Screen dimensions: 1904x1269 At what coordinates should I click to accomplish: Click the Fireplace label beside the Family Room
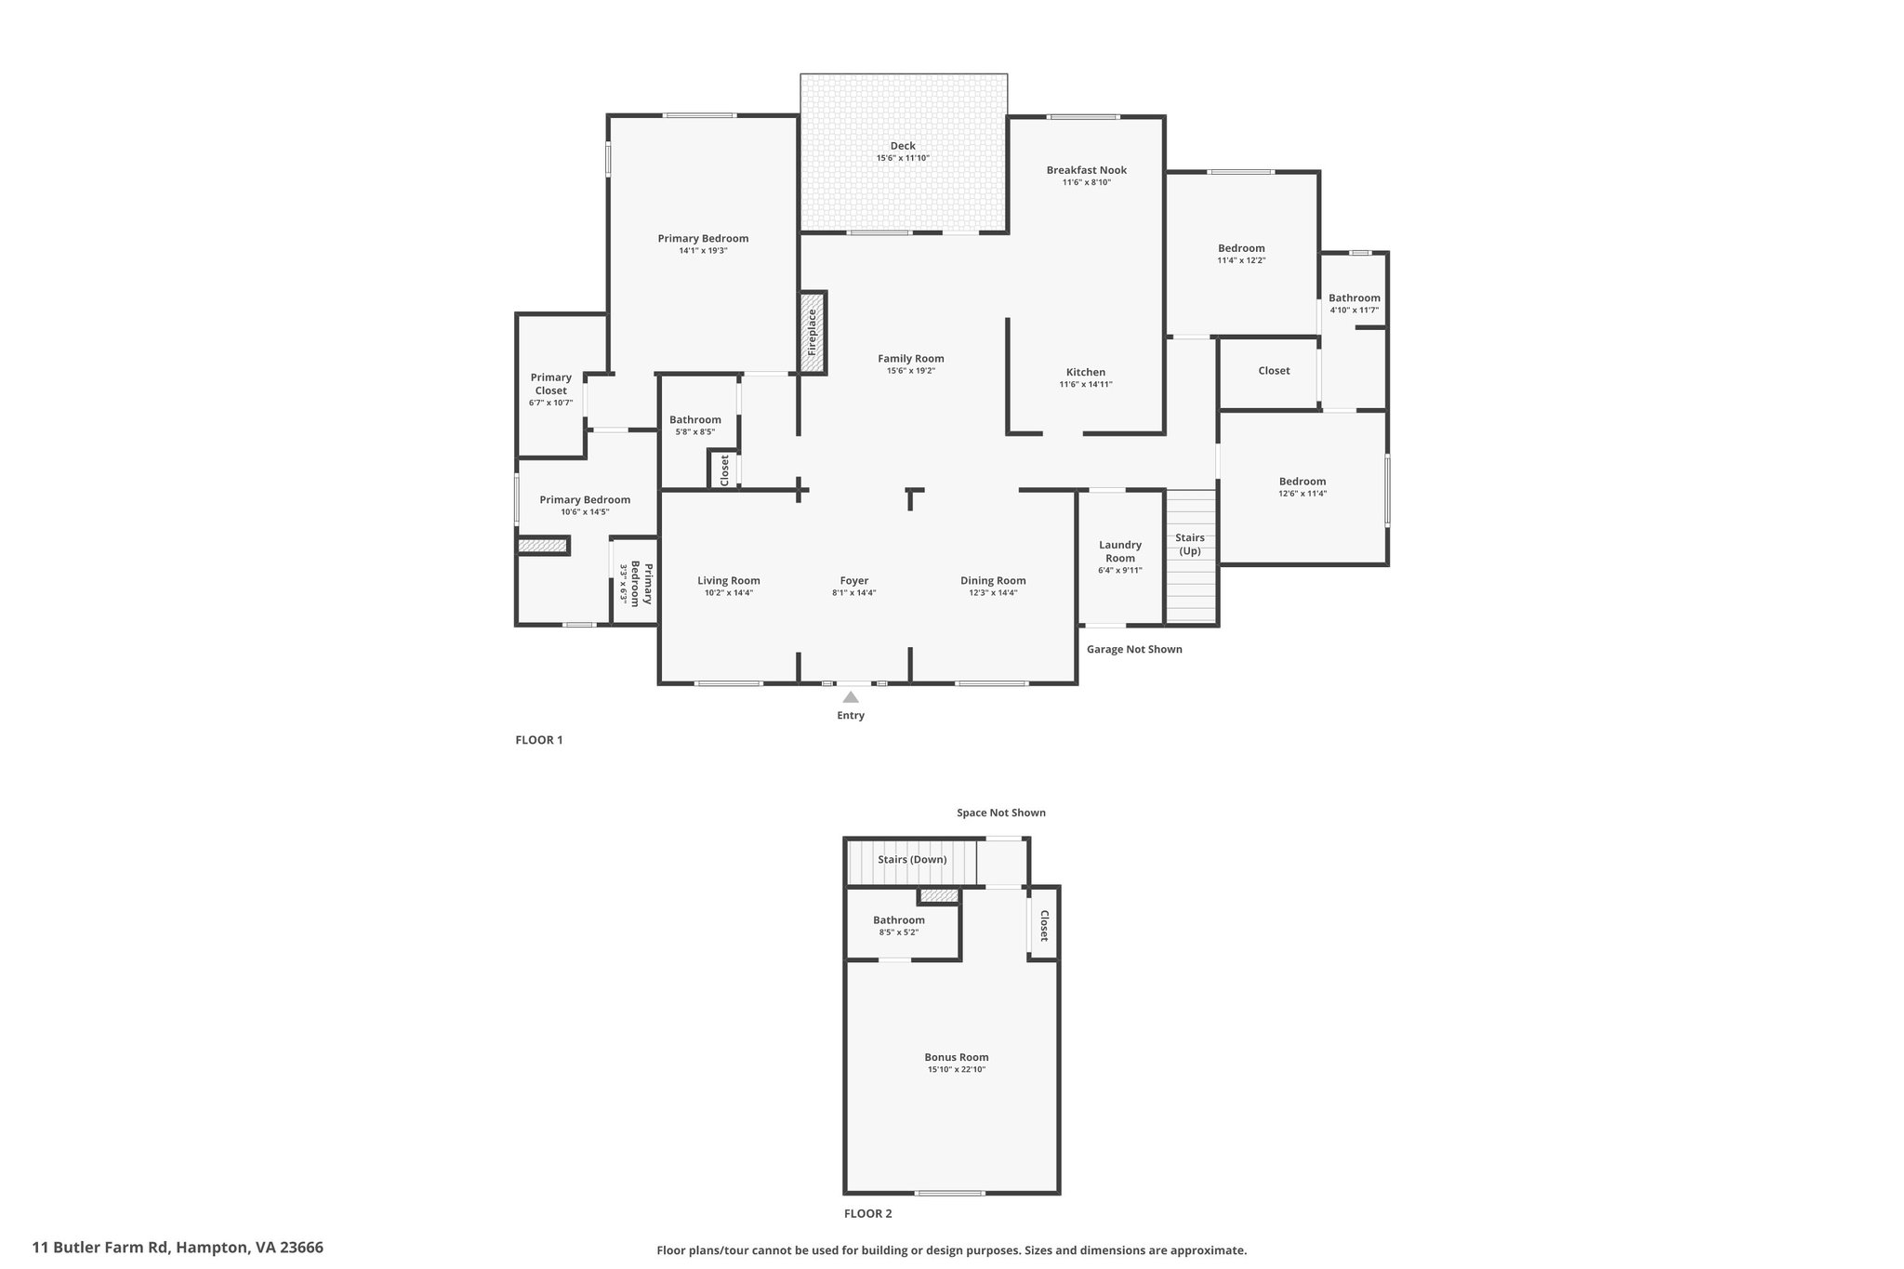pyautogui.click(x=812, y=332)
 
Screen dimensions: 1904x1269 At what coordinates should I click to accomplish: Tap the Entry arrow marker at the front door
pyautogui.click(x=851, y=696)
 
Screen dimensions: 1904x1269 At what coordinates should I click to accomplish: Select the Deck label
pyautogui.click(x=903, y=146)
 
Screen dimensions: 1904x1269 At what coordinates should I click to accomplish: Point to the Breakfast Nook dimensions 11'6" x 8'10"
pyautogui.click(x=1087, y=182)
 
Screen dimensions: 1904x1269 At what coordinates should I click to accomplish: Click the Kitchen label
pyautogui.click(x=1086, y=372)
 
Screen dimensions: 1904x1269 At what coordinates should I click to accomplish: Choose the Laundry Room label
pyautogui.click(x=1120, y=551)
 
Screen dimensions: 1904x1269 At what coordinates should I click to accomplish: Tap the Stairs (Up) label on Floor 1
pyautogui.click(x=1190, y=544)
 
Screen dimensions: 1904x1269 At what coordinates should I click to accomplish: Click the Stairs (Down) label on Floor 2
pyautogui.click(x=912, y=859)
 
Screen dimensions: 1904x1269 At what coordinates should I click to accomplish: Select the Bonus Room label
pyautogui.click(x=956, y=1057)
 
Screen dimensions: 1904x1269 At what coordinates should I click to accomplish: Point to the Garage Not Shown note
pyautogui.click(x=1134, y=649)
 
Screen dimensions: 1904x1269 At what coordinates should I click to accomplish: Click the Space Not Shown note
pyautogui.click(x=1001, y=813)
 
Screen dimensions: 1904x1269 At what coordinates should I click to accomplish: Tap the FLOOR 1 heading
pyautogui.click(x=539, y=740)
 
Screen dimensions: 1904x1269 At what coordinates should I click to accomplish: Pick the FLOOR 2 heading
pyautogui.click(x=867, y=1213)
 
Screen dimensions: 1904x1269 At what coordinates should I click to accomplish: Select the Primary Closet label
pyautogui.click(x=551, y=384)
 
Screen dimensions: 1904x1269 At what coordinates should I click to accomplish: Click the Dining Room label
pyautogui.click(x=993, y=581)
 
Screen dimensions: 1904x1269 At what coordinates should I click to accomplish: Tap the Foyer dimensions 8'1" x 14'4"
pyautogui.click(x=853, y=593)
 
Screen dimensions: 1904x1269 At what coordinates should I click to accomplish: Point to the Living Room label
pyautogui.click(x=729, y=581)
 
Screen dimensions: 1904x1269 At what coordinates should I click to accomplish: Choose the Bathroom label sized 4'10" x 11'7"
pyautogui.click(x=1354, y=298)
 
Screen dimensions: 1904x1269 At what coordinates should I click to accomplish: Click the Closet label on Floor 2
pyautogui.click(x=1044, y=926)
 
